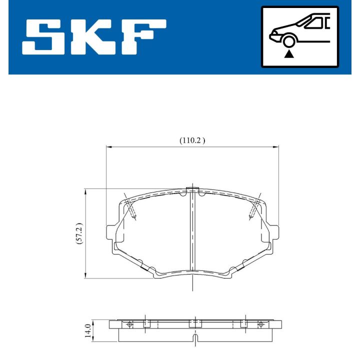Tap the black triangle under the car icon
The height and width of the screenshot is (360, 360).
(288, 53)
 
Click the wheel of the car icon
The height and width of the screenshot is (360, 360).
(288, 40)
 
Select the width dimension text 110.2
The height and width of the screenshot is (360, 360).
(192, 141)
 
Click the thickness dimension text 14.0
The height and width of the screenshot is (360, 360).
(88, 331)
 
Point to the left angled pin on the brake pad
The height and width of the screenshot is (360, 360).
(131, 209)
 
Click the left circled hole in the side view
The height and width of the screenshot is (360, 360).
(130, 324)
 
